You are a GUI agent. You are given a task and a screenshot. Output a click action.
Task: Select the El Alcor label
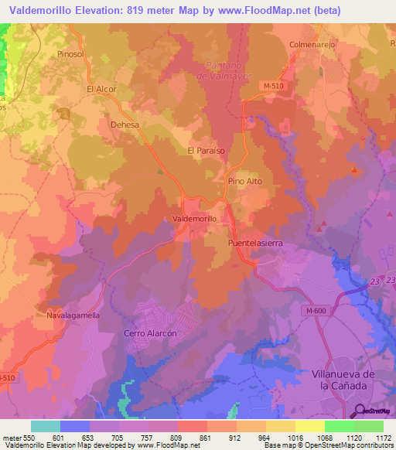pos(101,90)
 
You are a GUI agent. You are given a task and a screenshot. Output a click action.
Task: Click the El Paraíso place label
pos(207,151)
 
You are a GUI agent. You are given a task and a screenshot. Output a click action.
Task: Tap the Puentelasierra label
pos(254,243)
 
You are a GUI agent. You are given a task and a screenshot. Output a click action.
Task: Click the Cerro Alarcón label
pos(151,333)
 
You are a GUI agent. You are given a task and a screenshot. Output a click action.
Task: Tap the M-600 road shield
pos(315,309)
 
